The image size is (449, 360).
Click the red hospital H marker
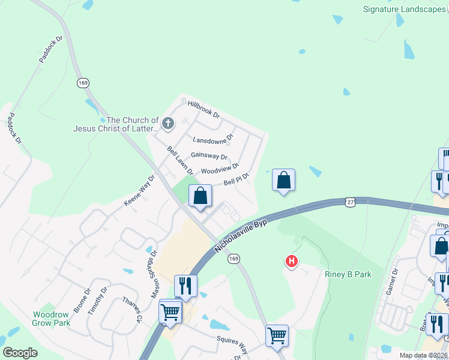click(291, 261)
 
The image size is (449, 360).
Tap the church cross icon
click(168, 124)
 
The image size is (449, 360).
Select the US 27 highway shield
click(350, 202)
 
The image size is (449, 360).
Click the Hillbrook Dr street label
click(203, 109)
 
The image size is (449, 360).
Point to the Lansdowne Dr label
click(212, 140)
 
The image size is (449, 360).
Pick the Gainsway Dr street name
click(209, 156)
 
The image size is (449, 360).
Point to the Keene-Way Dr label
click(139, 191)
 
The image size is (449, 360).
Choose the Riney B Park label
click(348, 274)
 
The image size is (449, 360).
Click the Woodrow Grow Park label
click(52, 319)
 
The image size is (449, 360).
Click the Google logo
click(20, 353)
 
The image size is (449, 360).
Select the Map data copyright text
click(424, 355)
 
